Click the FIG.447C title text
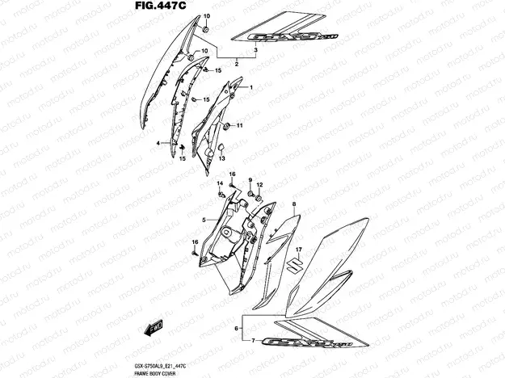[x=160, y=7]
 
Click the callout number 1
[x=250, y=87]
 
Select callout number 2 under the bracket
[x=236, y=63]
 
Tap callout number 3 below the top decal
[x=255, y=50]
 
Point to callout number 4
[x=158, y=143]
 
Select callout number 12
[x=259, y=185]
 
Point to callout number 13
[x=222, y=159]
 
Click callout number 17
[x=297, y=250]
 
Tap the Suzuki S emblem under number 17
[x=297, y=266]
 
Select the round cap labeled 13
[x=221, y=149]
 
